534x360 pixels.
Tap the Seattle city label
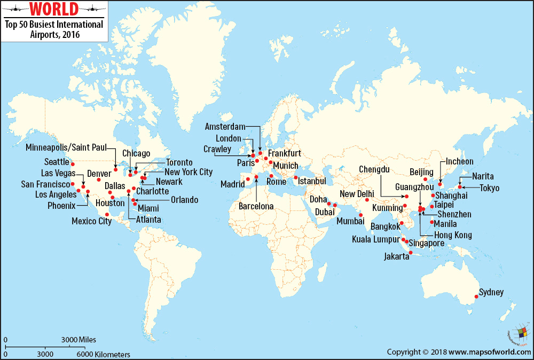pyautogui.click(x=57, y=162)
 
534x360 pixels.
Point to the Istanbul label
pyautogui.click(x=312, y=181)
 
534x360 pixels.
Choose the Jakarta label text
pyautogui.click(x=396, y=257)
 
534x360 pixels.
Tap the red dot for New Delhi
pyautogui.click(x=367, y=200)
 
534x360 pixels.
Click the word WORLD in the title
pyautogui.click(x=53, y=9)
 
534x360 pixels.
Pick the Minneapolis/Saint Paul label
pyautogui.click(x=66, y=147)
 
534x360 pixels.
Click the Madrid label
pyautogui.click(x=232, y=184)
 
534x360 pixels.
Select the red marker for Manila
pyautogui.click(x=431, y=222)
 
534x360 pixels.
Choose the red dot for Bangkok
pyautogui.click(x=402, y=223)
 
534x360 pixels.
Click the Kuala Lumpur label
pyautogui.click(x=375, y=239)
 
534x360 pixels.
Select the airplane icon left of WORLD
pyautogui.click(x=14, y=9)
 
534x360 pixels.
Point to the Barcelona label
pyautogui.click(x=256, y=206)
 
